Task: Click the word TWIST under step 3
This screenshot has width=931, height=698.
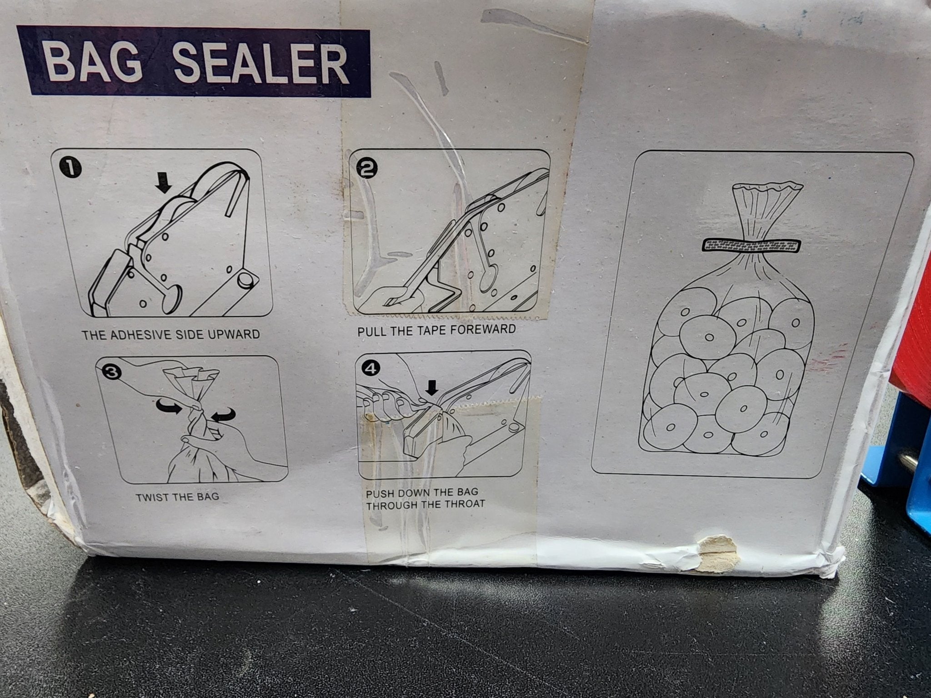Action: point(153,497)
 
